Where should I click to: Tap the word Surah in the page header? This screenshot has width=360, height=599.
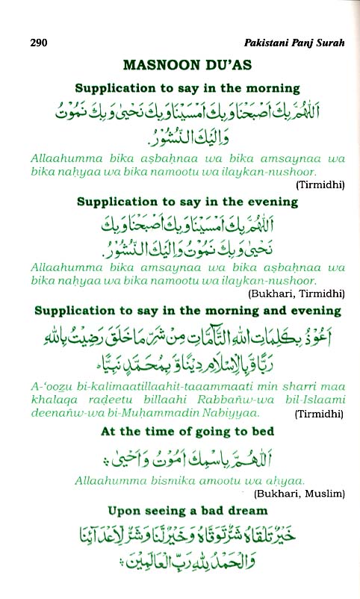coord(329,43)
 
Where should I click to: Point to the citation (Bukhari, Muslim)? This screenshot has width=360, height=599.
coord(299,494)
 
